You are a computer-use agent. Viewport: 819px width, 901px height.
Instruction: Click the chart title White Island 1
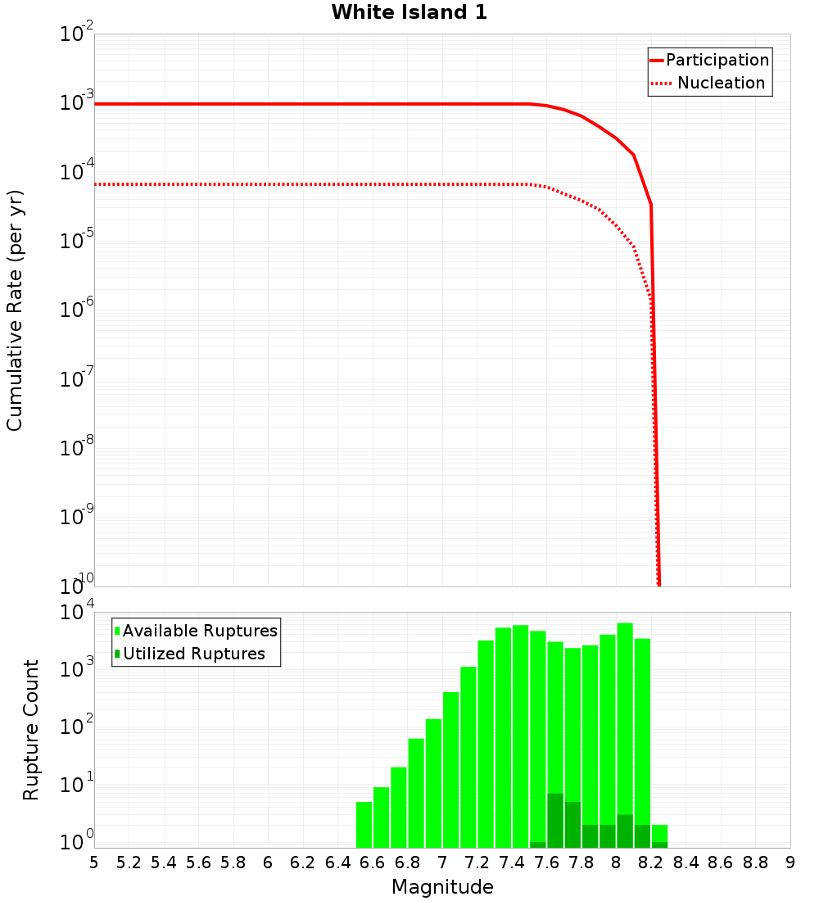pyautogui.click(x=409, y=13)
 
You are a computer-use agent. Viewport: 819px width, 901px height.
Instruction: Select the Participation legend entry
pyautogui.click(x=717, y=61)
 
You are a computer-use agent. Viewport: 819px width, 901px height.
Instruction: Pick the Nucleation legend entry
pyautogui.click(x=721, y=84)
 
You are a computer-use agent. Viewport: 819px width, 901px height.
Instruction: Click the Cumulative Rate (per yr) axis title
pyautogui.click(x=15, y=310)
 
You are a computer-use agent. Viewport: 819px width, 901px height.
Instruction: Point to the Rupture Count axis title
pyautogui.click(x=31, y=730)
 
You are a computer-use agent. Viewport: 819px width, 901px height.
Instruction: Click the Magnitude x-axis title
pyautogui.click(x=442, y=887)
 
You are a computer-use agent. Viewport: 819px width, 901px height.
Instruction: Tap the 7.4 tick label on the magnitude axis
pyautogui.click(x=512, y=863)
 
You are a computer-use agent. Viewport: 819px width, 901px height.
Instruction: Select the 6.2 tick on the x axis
pyautogui.click(x=303, y=863)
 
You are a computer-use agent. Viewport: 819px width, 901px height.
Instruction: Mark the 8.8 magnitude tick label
pyautogui.click(x=755, y=863)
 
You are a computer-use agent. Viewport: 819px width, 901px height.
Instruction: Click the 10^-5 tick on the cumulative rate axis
pyautogui.click(x=77, y=241)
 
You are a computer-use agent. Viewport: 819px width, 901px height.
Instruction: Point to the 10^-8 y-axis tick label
pyautogui.click(x=77, y=448)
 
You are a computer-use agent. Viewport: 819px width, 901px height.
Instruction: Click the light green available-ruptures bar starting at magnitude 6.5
pyautogui.click(x=364, y=825)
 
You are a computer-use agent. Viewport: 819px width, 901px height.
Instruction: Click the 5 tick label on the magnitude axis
pyautogui.click(x=94, y=863)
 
